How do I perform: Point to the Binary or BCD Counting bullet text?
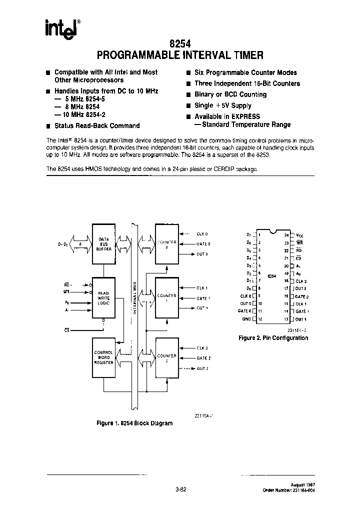(x=230, y=94)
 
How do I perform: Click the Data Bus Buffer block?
(x=104, y=244)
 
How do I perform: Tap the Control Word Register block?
(x=104, y=357)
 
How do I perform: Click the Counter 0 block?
(x=167, y=243)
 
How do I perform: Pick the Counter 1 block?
(x=167, y=297)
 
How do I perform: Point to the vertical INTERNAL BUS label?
(x=134, y=298)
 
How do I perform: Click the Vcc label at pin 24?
(x=300, y=234)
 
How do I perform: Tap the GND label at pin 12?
(x=246, y=319)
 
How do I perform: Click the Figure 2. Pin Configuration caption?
(x=273, y=338)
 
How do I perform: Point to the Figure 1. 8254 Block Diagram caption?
(x=134, y=423)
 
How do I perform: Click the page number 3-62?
(x=180, y=489)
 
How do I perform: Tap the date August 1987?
(x=303, y=485)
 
